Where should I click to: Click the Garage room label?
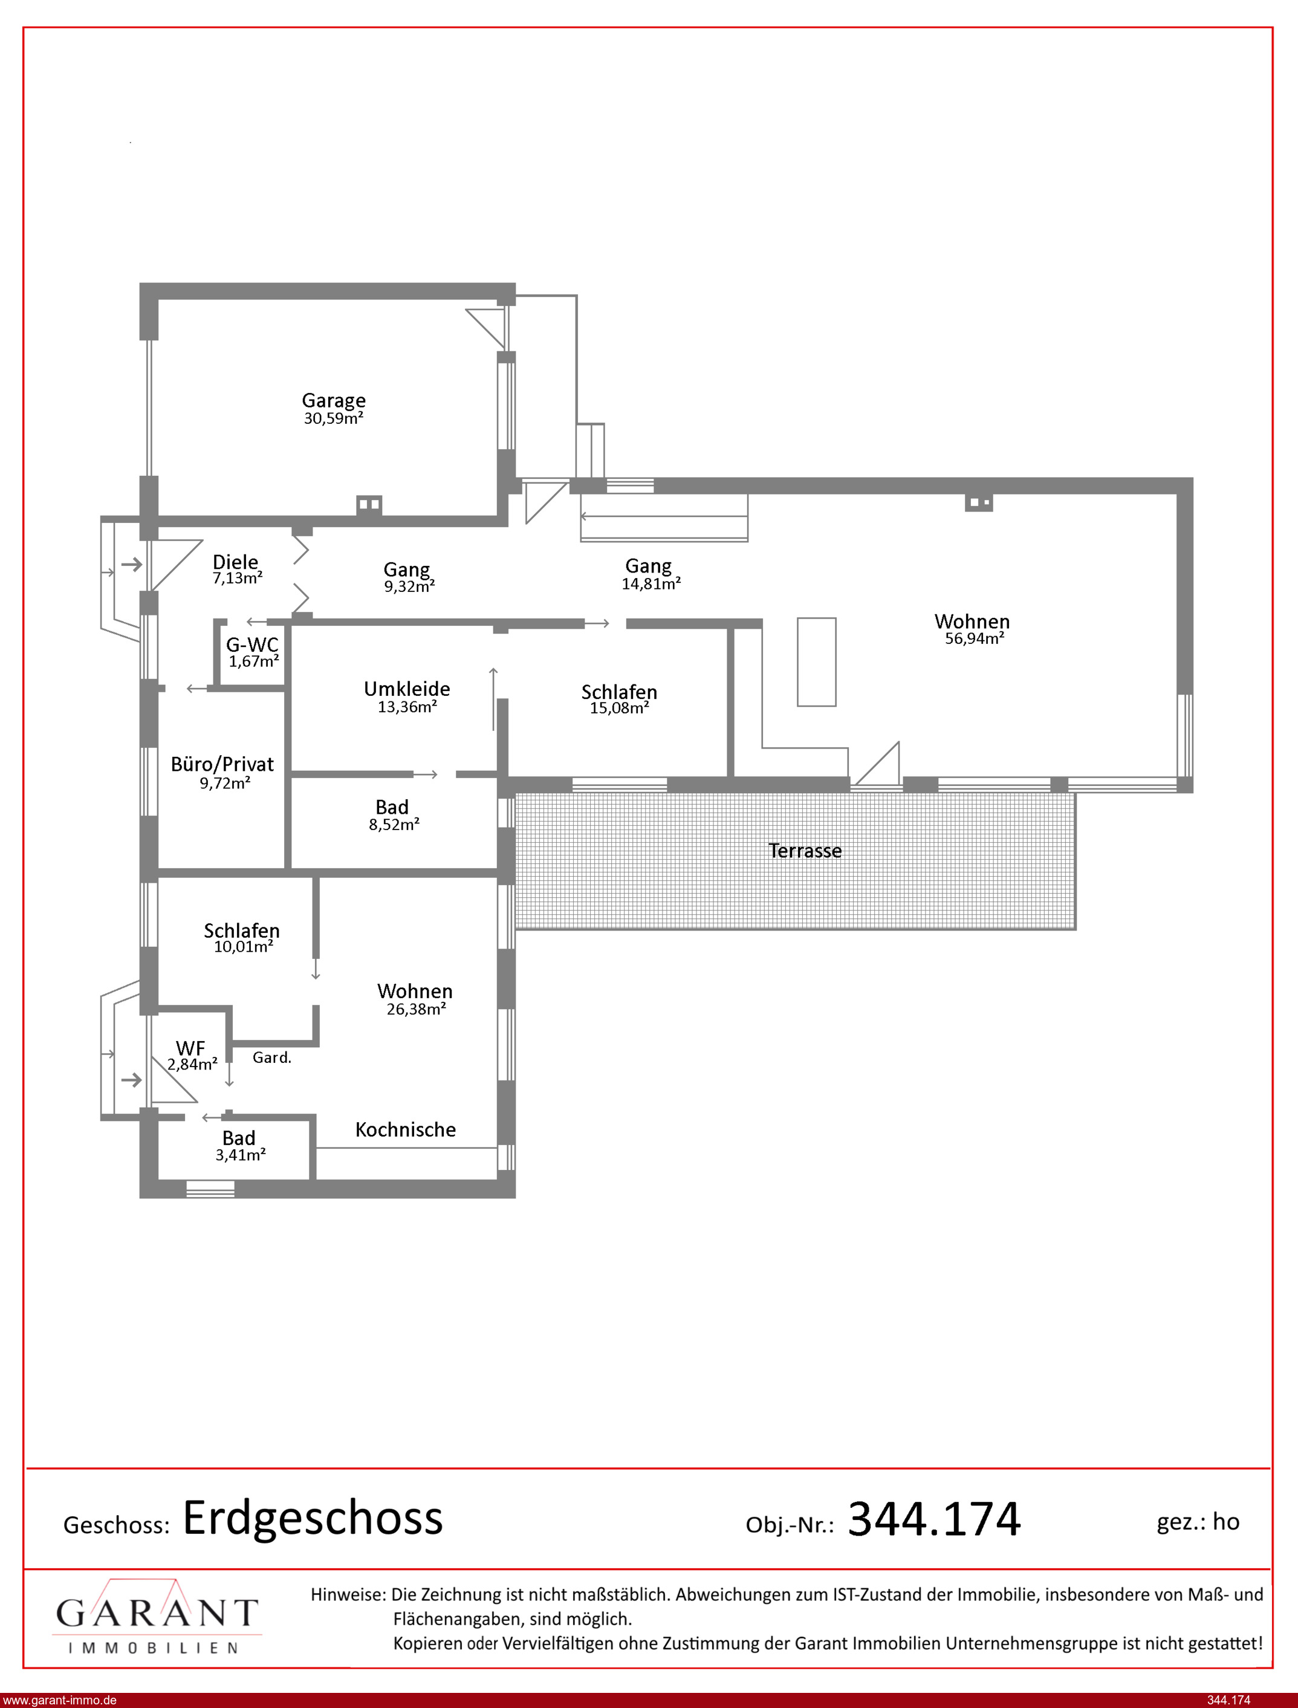[333, 400]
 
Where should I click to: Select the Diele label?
[235, 562]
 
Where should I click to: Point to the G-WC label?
[252, 645]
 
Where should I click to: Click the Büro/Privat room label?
[222, 764]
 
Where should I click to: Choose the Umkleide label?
[407, 688]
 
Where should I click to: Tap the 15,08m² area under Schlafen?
[619, 709]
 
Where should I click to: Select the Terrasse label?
[805, 851]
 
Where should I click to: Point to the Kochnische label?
[406, 1129]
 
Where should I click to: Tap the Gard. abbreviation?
[272, 1057]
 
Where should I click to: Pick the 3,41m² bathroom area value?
[240, 1155]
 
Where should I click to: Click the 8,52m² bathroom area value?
[394, 824]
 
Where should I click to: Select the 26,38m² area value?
[417, 1009]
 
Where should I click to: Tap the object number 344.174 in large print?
[934, 1519]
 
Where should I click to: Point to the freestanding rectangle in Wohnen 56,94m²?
[817, 662]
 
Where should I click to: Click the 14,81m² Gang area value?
[651, 584]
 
